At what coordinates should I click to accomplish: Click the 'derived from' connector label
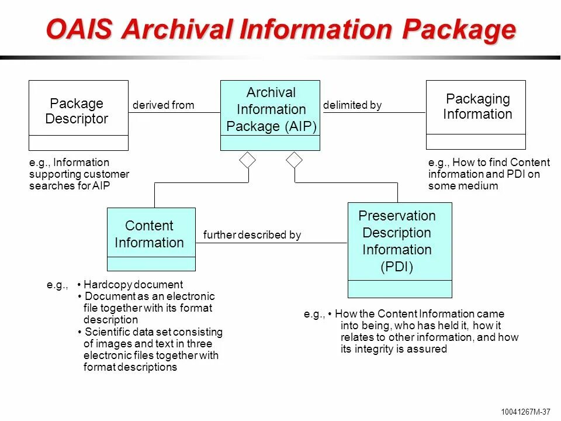(163, 105)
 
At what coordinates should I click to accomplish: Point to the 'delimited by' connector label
(352, 105)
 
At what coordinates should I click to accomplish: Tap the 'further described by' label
(252, 235)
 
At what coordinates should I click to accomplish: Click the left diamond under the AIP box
(248, 160)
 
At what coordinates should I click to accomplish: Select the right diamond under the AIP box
(295, 160)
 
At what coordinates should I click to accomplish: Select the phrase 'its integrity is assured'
(393, 349)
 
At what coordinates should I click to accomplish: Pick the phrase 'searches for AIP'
(70, 186)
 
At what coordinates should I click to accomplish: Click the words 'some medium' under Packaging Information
(463, 186)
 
